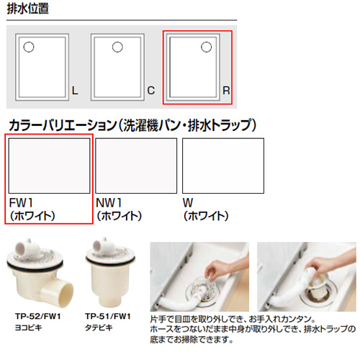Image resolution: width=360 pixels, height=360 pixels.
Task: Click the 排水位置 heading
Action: pyautogui.click(x=28, y=9)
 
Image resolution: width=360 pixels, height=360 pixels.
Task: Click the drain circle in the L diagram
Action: pyautogui.click(x=29, y=47)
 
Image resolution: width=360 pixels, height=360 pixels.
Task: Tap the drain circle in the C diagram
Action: pyautogui.click(x=117, y=47)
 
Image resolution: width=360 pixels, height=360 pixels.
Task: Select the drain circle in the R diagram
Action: pyautogui.click(x=206, y=47)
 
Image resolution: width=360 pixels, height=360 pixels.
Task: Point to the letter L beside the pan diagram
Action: pyautogui.click(x=75, y=91)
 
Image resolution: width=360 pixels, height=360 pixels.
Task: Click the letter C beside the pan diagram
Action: pyautogui.click(x=151, y=91)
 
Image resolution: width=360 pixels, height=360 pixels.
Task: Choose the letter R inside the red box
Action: pyautogui.click(x=226, y=91)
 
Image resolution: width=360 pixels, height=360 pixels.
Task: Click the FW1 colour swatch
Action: pyautogui.click(x=49, y=166)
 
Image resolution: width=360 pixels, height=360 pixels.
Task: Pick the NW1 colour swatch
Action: pyautogui.click(x=136, y=166)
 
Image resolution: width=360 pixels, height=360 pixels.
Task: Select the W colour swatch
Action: pyautogui.click(x=223, y=166)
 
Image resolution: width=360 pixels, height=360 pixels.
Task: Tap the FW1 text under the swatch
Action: pyautogui.click(x=21, y=203)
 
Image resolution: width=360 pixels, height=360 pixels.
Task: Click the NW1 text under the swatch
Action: pyautogui.click(x=109, y=203)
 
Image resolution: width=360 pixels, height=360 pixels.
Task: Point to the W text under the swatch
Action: pyautogui.click(x=188, y=203)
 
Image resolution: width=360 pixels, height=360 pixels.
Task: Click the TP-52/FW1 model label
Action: pyautogui.click(x=38, y=316)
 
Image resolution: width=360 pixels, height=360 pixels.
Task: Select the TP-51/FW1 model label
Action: pyautogui.click(x=108, y=316)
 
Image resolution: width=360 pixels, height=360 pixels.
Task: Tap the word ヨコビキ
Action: pyautogui.click(x=28, y=328)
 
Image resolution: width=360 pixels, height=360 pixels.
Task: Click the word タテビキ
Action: pyautogui.click(x=99, y=328)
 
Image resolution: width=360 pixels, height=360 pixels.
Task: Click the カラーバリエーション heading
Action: pyautogui.click(x=132, y=125)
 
